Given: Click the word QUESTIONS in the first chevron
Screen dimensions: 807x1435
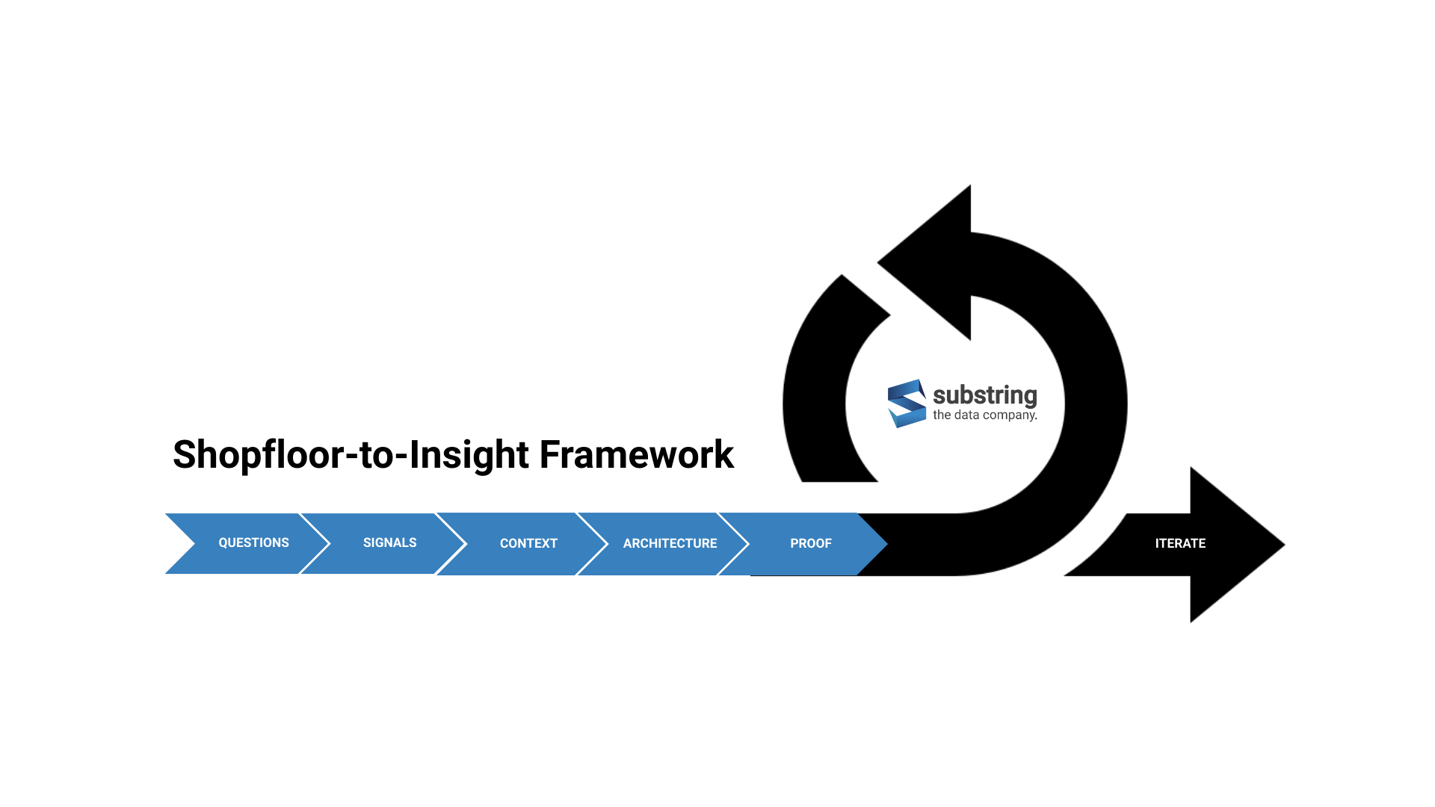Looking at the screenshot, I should pyautogui.click(x=253, y=542).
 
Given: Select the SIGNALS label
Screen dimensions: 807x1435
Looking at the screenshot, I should pyautogui.click(x=389, y=542).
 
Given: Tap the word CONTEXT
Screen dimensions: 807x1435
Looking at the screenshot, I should pyautogui.click(x=528, y=543).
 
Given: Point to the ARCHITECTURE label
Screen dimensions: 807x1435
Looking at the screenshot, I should pyautogui.click(x=670, y=543).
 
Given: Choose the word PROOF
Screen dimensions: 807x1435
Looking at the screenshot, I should pyautogui.click(x=811, y=543).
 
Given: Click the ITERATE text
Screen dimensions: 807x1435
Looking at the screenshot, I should pyautogui.click(x=1180, y=543).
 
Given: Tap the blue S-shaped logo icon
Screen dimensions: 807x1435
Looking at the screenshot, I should pyautogui.click(x=907, y=403).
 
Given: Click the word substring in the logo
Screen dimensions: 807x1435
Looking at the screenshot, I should pyautogui.click(x=984, y=395).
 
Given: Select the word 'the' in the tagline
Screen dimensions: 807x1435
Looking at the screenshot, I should pyautogui.click(x=941, y=415).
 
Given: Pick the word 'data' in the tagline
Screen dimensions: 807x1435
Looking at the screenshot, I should pyautogui.click(x=966, y=415).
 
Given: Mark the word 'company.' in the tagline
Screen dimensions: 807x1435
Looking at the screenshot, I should pyautogui.click(x=1010, y=415).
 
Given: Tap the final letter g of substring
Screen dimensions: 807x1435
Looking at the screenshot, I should pyautogui.click(x=1030, y=397).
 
